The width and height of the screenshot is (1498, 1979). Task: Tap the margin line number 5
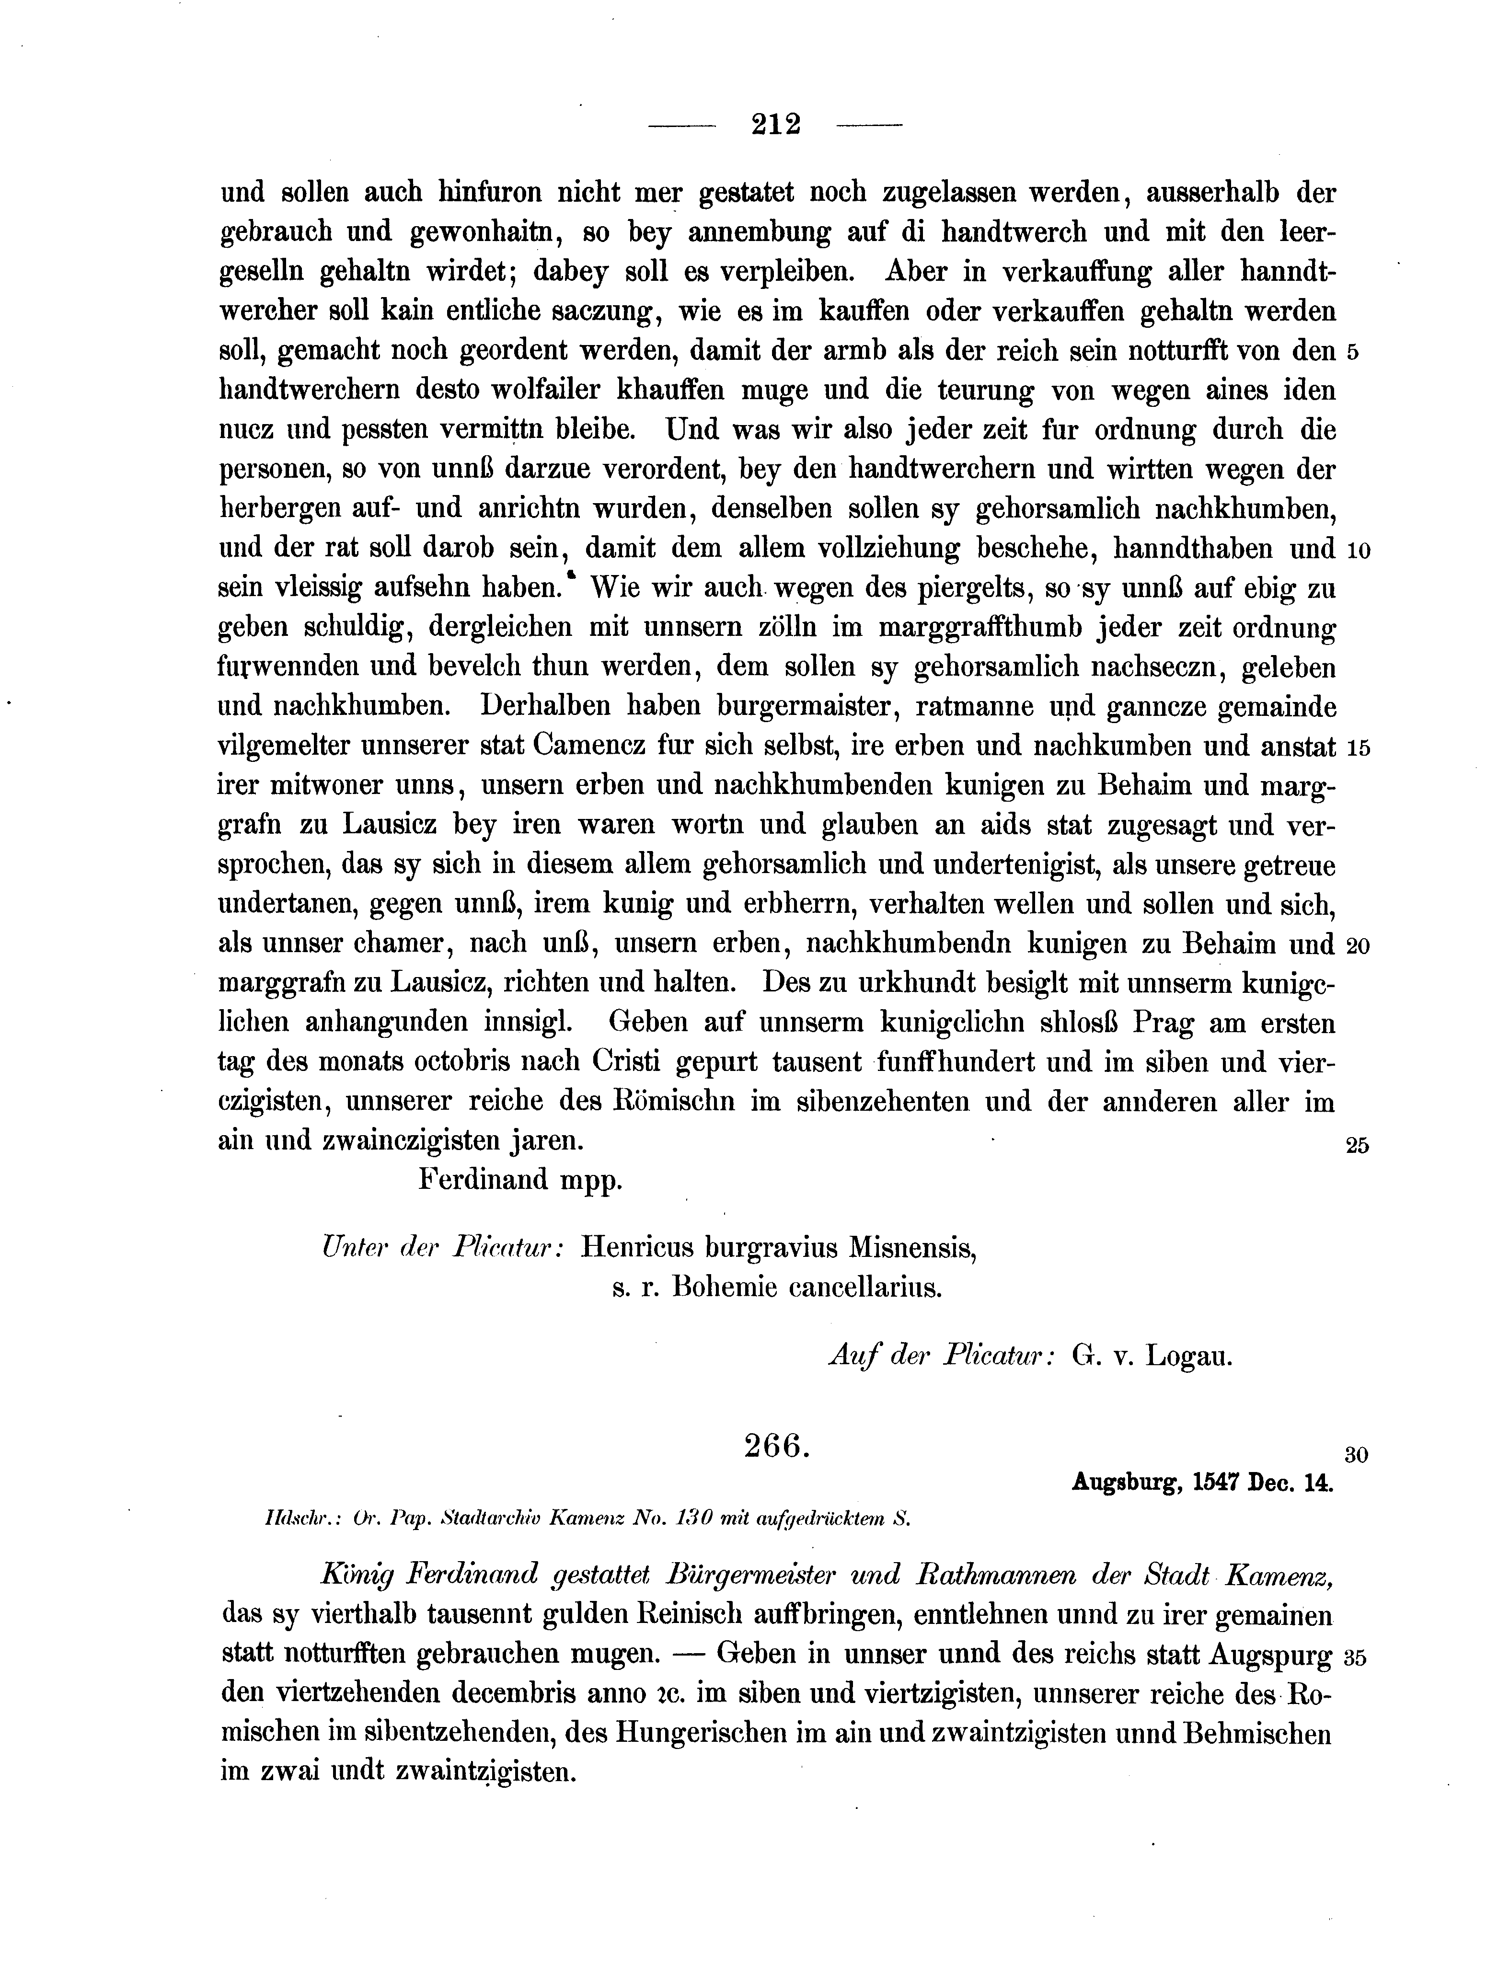[x=1352, y=353]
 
